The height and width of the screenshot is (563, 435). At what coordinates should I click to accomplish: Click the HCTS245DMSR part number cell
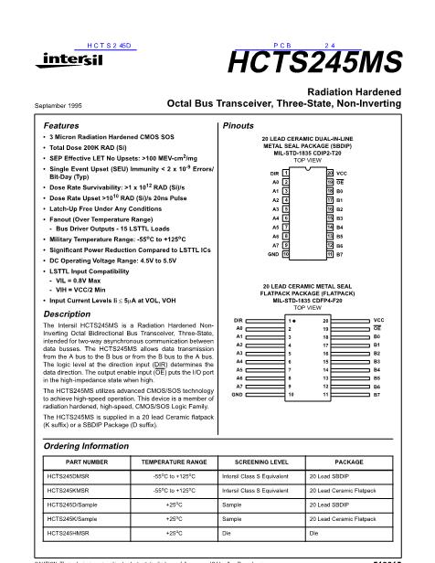click(x=72, y=479)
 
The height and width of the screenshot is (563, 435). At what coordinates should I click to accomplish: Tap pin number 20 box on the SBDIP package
click(x=355, y=172)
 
